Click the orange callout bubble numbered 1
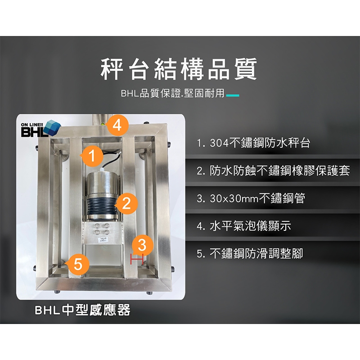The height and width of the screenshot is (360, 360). pyautogui.click(x=92, y=155)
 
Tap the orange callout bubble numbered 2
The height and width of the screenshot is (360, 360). pyautogui.click(x=126, y=203)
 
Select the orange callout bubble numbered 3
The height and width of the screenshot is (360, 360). pyautogui.click(x=142, y=244)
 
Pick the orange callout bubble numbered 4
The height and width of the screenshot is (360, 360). pyautogui.click(x=117, y=126)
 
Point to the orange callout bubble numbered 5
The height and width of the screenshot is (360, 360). pyautogui.click(x=78, y=264)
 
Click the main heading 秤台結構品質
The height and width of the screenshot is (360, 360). pyautogui.click(x=179, y=69)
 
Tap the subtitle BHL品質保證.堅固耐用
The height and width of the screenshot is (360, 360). pyautogui.click(x=173, y=94)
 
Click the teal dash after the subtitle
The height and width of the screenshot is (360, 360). pyautogui.click(x=233, y=95)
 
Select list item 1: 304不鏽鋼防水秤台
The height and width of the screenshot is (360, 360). pyautogui.click(x=253, y=143)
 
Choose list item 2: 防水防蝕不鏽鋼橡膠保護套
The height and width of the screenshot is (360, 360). pyautogui.click(x=273, y=171)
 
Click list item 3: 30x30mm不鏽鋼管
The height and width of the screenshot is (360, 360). pyautogui.click(x=251, y=198)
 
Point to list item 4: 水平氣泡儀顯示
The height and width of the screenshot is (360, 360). pyautogui.click(x=244, y=226)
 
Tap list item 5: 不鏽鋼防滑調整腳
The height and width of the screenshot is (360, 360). pyautogui.click(x=250, y=253)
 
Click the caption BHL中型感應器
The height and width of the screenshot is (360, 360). pyautogui.click(x=82, y=310)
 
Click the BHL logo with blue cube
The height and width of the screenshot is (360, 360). pyautogui.click(x=40, y=129)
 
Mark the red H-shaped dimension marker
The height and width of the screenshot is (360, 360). pyautogui.click(x=137, y=259)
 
